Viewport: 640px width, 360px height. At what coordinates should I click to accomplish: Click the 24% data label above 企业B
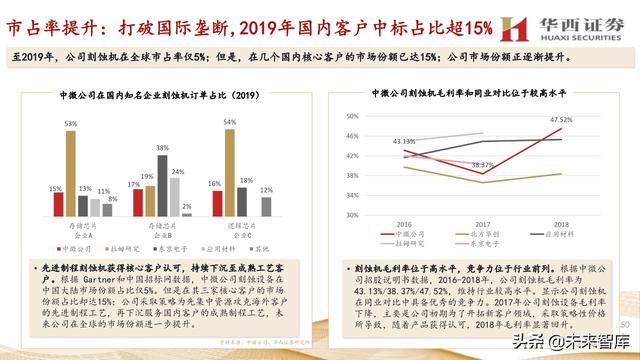click(x=175, y=171)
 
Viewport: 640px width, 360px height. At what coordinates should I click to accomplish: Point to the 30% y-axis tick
click(x=353, y=212)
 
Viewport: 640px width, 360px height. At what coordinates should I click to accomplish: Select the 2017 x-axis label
click(x=482, y=224)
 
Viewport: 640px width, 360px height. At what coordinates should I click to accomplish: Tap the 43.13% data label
click(x=404, y=142)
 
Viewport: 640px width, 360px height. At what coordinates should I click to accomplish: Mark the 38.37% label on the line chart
click(x=483, y=165)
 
